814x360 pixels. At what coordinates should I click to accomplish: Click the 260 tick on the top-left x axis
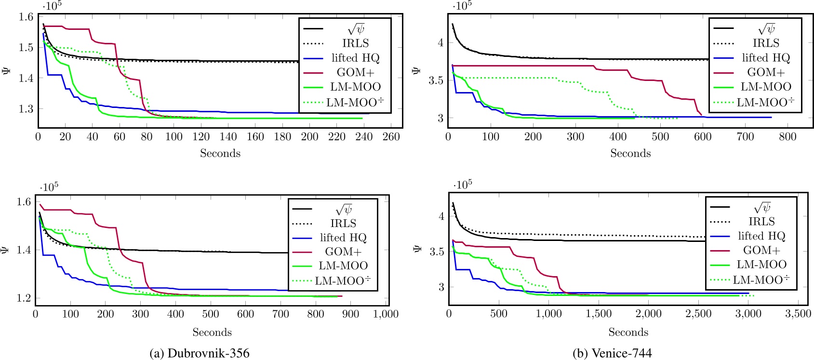click(x=391, y=137)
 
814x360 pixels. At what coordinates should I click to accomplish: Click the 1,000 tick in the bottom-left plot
click(x=386, y=314)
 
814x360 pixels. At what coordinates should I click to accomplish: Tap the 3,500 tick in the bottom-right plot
click(x=798, y=314)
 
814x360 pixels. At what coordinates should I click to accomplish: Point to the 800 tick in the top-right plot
click(x=787, y=137)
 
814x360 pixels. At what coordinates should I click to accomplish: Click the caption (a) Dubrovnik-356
click(x=200, y=353)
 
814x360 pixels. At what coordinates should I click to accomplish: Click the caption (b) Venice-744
click(x=612, y=353)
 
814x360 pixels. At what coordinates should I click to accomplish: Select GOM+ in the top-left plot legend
click(x=355, y=72)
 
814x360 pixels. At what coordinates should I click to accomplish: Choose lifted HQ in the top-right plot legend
click(x=766, y=58)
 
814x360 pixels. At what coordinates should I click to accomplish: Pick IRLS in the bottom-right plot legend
click(x=761, y=221)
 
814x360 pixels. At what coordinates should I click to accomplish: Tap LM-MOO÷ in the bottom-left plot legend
click(x=343, y=280)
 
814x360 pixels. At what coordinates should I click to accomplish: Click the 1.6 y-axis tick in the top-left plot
click(x=27, y=17)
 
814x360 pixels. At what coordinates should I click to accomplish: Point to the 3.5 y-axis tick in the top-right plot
click(x=437, y=80)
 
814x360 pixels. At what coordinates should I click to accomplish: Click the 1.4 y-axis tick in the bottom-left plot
click(x=25, y=250)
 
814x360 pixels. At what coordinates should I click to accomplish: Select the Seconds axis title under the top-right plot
click(x=630, y=153)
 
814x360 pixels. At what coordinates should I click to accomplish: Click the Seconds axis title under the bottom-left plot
click(x=212, y=332)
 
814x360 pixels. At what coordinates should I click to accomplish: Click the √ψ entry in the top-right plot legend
click(x=766, y=28)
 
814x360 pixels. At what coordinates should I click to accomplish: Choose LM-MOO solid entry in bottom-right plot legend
click(x=761, y=265)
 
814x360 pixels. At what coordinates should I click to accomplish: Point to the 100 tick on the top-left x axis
click(x=174, y=137)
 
